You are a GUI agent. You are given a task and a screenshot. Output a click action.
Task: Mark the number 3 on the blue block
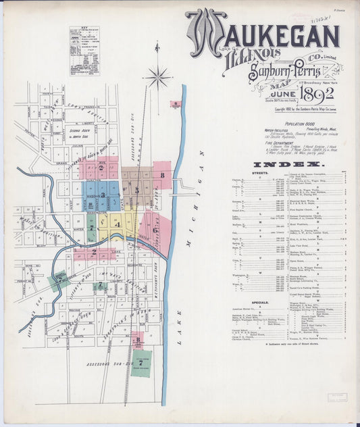pyautogui.click(x=103, y=195)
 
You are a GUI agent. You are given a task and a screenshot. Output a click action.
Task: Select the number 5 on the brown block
pyautogui.click(x=137, y=191)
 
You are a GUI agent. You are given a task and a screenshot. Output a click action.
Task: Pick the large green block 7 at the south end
pyautogui.click(x=140, y=363)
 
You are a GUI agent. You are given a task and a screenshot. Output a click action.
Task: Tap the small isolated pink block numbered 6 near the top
pyautogui.click(x=176, y=105)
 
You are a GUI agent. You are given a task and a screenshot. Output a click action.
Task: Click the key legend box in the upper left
pyautogui.click(x=84, y=51)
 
